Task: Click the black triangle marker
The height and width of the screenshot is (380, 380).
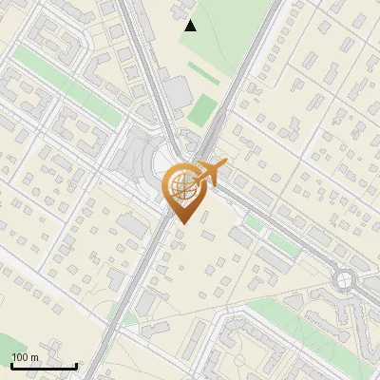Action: pyautogui.click(x=191, y=26)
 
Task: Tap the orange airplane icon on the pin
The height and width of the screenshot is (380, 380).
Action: pyautogui.click(x=212, y=171)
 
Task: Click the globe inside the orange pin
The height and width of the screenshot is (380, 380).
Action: pyautogui.click(x=182, y=185)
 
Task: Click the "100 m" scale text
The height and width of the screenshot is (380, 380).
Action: pyautogui.click(x=25, y=357)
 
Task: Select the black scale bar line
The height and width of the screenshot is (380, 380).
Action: pyautogui.click(x=44, y=366)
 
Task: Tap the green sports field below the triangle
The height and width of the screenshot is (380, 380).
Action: pyautogui.click(x=201, y=109)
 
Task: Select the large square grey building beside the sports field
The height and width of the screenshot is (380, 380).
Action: pyautogui.click(x=176, y=93)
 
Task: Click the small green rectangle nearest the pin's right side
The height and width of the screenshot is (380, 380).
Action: pyautogui.click(x=253, y=222)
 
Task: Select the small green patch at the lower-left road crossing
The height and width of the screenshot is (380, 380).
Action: pyautogui.click(x=122, y=309)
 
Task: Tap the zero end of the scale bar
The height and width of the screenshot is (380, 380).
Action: pyautogui.click(x=11, y=366)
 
